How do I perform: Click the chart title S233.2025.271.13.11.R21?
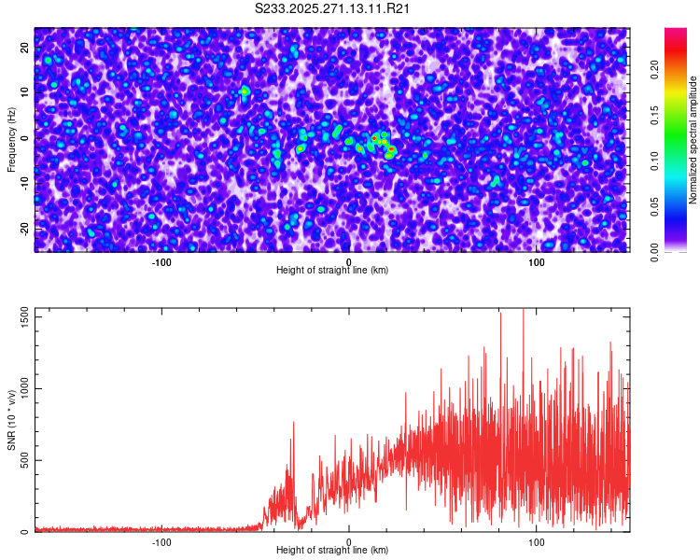tap(333, 8)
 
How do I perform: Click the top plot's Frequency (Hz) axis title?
tap(11, 138)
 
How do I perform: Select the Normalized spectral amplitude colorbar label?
tap(693, 140)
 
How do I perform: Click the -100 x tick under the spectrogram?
tap(162, 262)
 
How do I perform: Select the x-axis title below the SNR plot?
tap(332, 551)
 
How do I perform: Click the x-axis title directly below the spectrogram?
tap(332, 271)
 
